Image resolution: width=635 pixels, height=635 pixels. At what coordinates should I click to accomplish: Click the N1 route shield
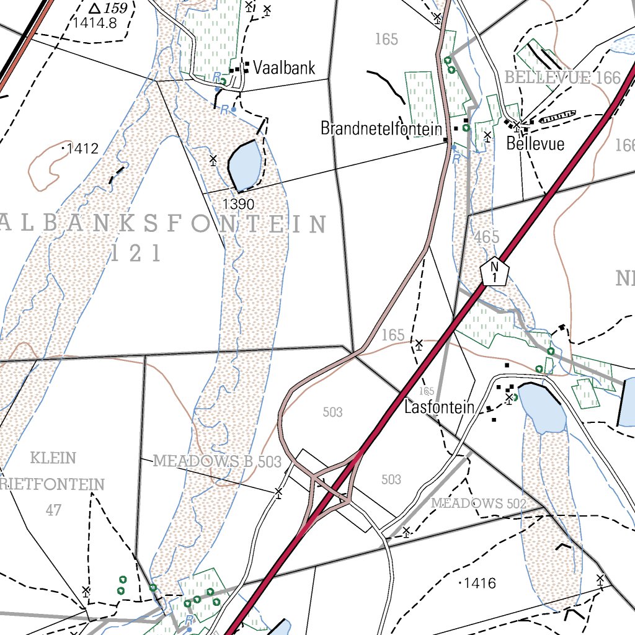point(494,271)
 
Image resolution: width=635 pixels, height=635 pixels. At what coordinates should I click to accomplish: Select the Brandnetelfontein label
point(381,128)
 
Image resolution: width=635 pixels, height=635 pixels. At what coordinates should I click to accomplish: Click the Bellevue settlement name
point(535,144)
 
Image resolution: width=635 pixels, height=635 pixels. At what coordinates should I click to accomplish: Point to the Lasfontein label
point(438,407)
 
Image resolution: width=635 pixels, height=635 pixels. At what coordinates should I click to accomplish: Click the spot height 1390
point(238,204)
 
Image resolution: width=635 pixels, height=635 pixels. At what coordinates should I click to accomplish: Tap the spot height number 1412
point(83,148)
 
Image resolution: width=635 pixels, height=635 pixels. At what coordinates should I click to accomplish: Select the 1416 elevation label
point(481,583)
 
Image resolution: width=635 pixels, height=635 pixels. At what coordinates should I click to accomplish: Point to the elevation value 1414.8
point(94,24)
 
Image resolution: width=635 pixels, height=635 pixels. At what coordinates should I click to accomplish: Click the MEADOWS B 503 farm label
point(216,461)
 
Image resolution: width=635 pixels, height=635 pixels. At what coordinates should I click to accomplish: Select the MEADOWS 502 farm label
point(478,503)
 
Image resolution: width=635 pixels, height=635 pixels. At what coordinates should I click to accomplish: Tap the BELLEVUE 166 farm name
point(562,78)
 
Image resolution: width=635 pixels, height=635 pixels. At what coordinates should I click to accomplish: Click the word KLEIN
point(53,458)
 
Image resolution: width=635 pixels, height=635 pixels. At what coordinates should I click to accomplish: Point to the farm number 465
point(486,237)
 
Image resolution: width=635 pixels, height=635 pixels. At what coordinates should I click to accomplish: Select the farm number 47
point(54,510)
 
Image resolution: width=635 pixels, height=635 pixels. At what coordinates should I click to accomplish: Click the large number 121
point(136,253)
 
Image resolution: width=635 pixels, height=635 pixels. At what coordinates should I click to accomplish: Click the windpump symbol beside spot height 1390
point(213,161)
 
